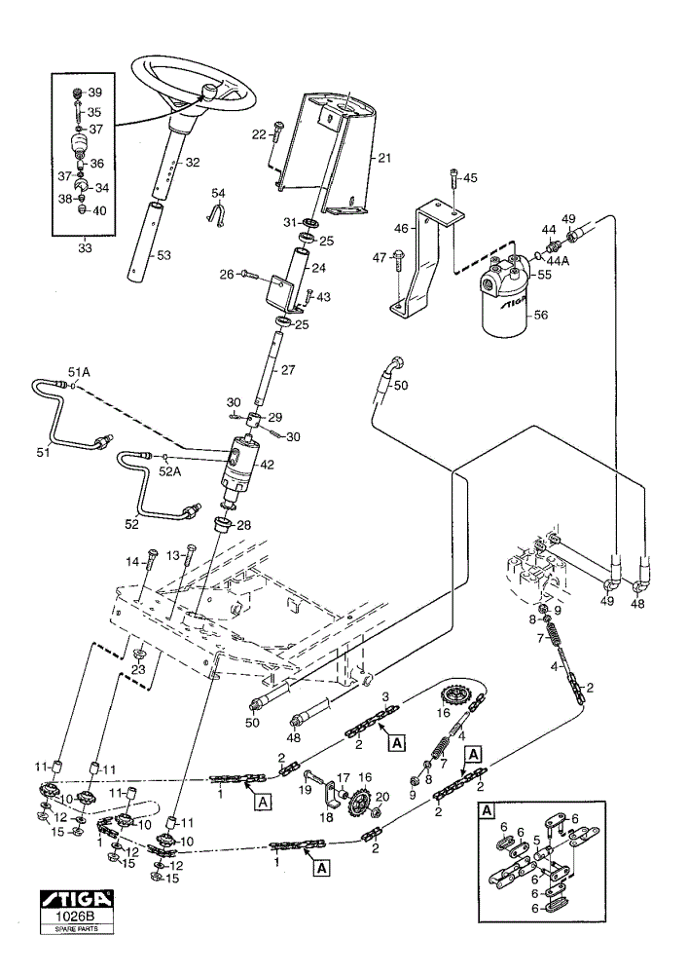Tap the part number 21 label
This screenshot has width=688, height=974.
click(384, 158)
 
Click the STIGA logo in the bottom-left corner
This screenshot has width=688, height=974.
click(76, 898)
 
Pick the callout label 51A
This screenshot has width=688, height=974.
click(79, 371)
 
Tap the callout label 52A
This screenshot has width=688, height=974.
click(169, 470)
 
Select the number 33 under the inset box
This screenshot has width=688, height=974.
click(85, 247)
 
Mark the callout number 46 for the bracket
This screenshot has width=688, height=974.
click(401, 229)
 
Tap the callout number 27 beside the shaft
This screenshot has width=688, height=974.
click(288, 369)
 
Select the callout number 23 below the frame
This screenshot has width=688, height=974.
click(138, 670)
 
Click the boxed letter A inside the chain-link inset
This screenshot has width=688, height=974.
click(487, 810)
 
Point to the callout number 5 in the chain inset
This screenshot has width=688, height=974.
click(536, 840)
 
